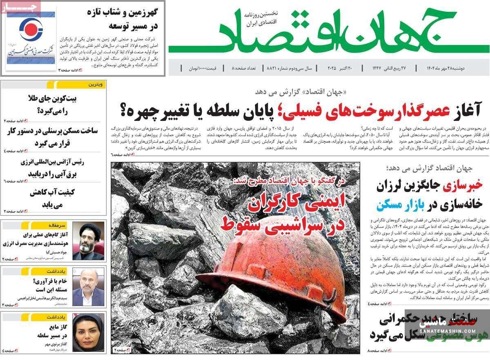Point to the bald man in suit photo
click(x=88, y=288)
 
